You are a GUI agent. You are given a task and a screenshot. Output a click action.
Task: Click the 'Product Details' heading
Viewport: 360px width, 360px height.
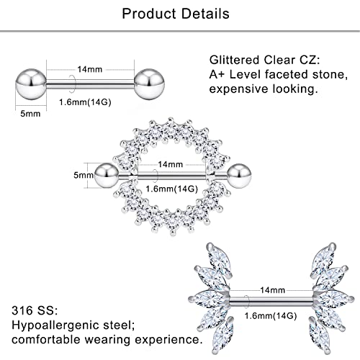176,14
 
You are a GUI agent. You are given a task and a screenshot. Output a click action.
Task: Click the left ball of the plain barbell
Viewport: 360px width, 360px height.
31,84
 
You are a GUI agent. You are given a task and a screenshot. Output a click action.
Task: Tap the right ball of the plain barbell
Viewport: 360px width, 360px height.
149,84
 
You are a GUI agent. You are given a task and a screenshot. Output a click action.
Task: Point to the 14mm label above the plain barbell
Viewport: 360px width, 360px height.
90,69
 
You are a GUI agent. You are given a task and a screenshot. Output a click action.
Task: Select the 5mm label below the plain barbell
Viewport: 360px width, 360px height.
30,114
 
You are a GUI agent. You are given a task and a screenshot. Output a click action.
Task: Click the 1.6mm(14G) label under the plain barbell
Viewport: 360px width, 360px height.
85,102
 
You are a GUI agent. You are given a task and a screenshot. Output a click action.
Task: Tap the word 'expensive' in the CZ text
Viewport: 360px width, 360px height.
238,89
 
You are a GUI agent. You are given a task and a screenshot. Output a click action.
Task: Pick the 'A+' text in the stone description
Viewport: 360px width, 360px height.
217,74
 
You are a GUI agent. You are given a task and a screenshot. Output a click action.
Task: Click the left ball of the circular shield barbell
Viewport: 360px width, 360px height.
107,176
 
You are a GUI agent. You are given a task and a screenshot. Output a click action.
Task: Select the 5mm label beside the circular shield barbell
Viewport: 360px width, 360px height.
84,175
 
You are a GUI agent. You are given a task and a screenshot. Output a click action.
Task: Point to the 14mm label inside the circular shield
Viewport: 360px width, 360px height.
171,164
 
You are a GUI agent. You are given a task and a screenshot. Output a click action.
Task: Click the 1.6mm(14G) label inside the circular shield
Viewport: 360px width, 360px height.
172,189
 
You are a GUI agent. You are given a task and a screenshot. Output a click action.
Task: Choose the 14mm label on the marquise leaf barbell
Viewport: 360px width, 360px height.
273,290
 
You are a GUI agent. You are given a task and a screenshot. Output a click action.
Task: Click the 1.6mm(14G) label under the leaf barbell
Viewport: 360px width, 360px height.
271,315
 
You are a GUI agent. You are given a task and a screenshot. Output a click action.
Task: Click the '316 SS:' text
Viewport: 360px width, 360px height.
35,310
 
